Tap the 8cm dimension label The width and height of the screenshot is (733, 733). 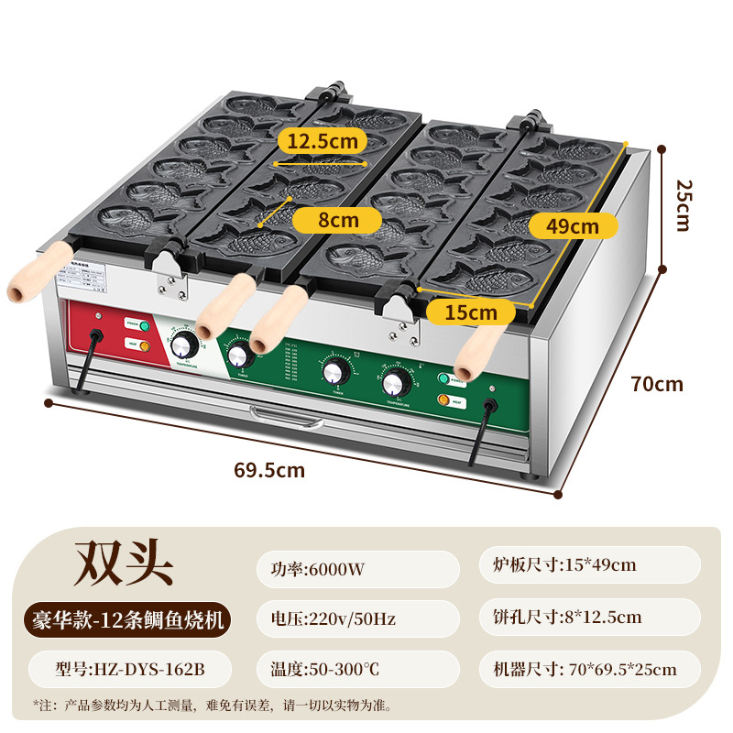[338, 220]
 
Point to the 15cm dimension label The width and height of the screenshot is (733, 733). [471, 312]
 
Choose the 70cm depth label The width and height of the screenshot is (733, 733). [657, 384]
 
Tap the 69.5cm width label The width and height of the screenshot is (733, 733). [269, 471]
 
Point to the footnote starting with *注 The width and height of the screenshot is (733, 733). [211, 706]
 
